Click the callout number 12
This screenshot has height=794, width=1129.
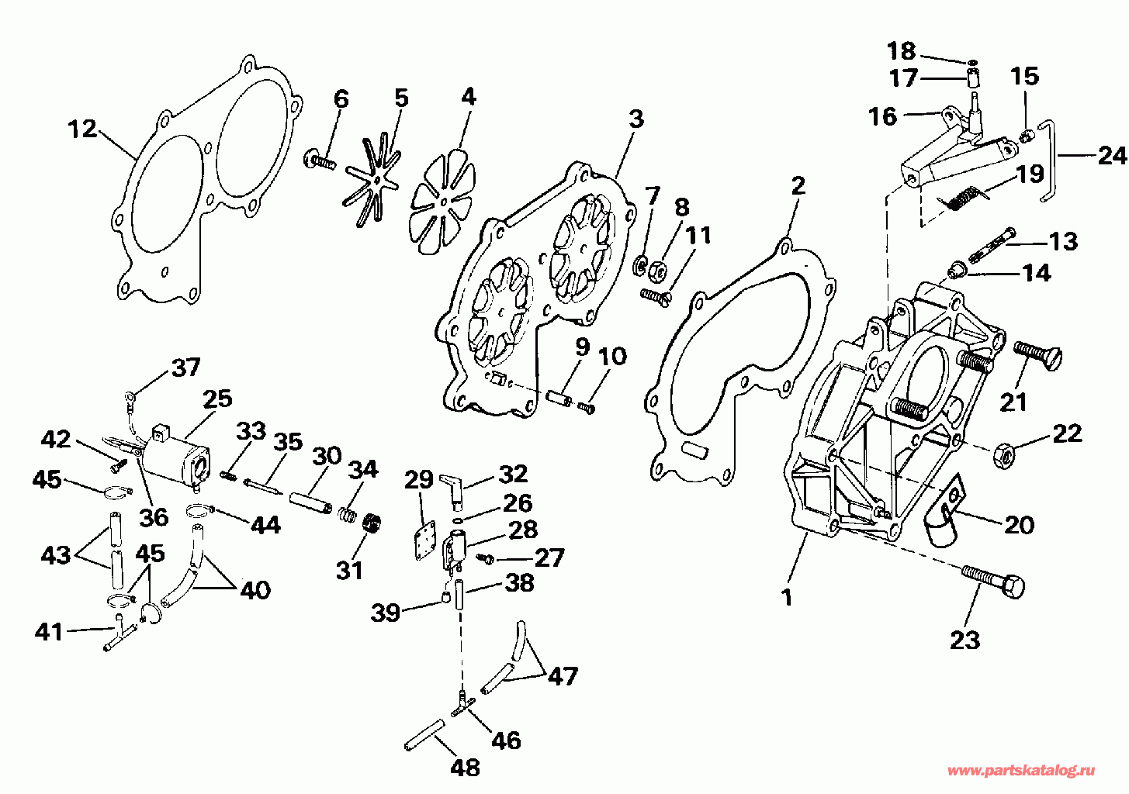[x=83, y=129]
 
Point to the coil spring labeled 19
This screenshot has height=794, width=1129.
[x=962, y=195]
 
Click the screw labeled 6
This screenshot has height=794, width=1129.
[x=320, y=160]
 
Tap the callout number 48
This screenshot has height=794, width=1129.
[x=465, y=768]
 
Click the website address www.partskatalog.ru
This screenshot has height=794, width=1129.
[x=1021, y=771]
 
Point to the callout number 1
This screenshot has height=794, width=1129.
[x=786, y=598]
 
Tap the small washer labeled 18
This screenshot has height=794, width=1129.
[x=971, y=63]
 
